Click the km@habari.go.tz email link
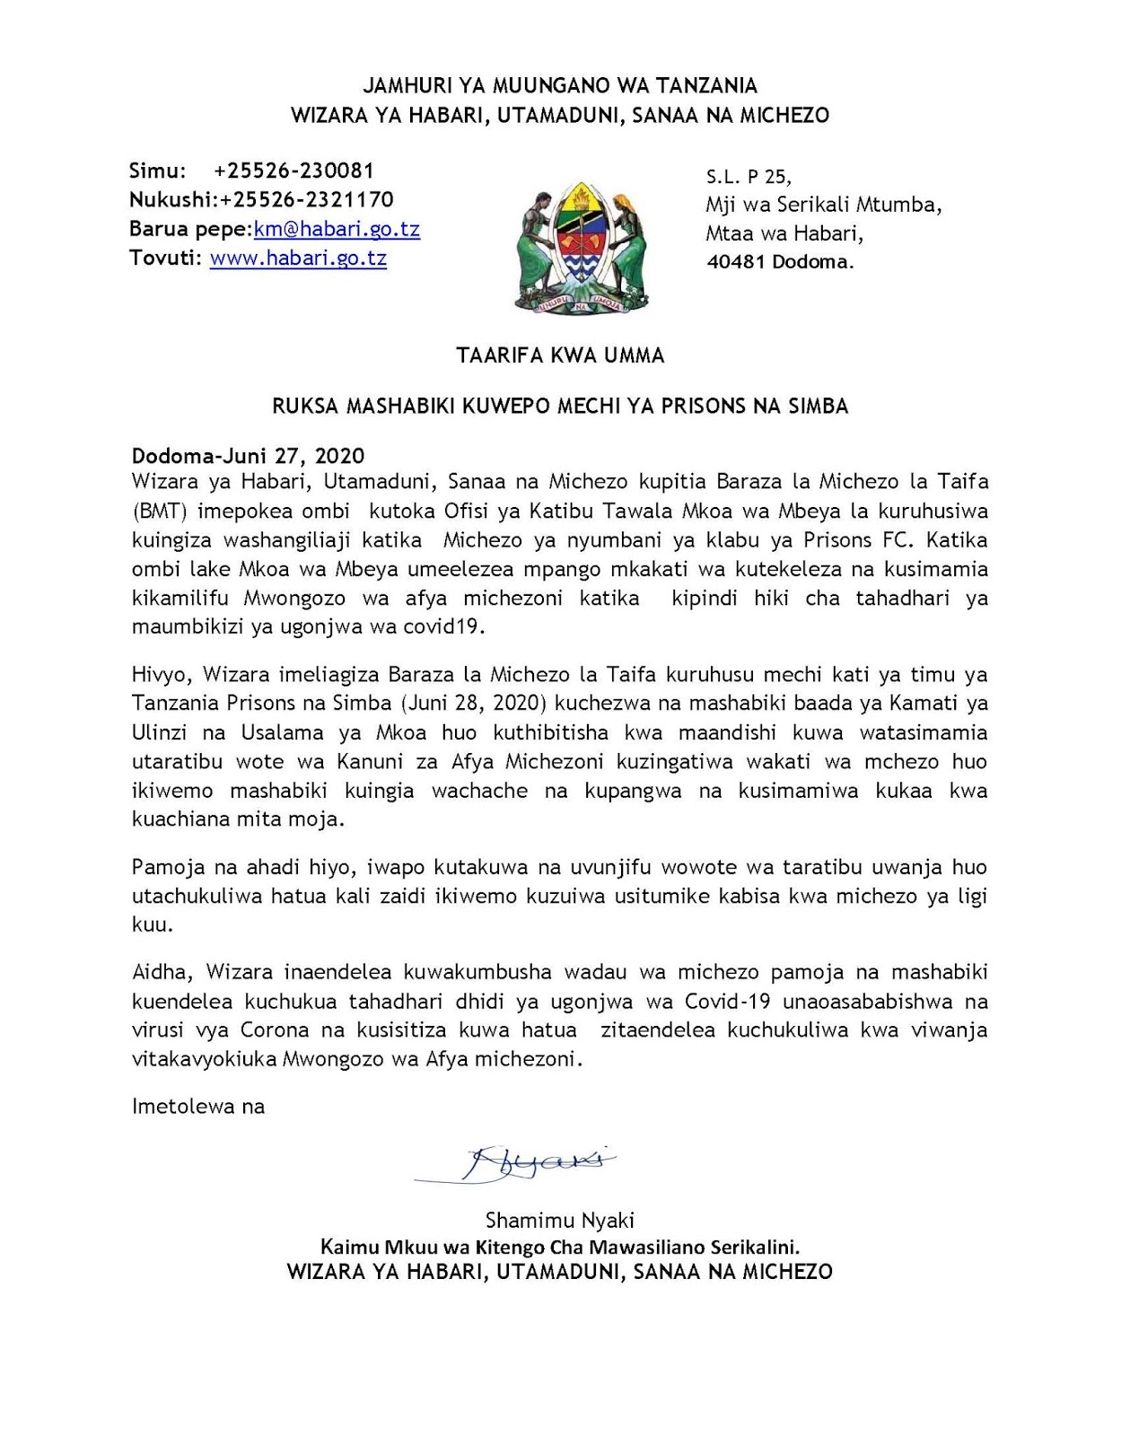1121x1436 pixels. [x=337, y=229]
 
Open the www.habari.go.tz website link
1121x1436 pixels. [x=298, y=258]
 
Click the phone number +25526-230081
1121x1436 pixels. [x=293, y=171]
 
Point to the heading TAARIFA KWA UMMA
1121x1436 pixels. [x=560, y=355]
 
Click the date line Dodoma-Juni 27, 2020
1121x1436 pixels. [x=249, y=456]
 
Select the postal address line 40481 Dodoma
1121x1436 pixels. [x=780, y=262]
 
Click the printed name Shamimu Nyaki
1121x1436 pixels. [x=560, y=1220]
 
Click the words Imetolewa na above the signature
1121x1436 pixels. [x=198, y=1106]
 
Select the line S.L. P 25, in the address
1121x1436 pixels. [x=749, y=177]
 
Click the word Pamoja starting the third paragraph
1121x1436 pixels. [x=165, y=867]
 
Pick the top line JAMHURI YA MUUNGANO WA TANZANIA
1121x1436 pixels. [x=560, y=85]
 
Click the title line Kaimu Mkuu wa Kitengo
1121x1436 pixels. [x=560, y=1247]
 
